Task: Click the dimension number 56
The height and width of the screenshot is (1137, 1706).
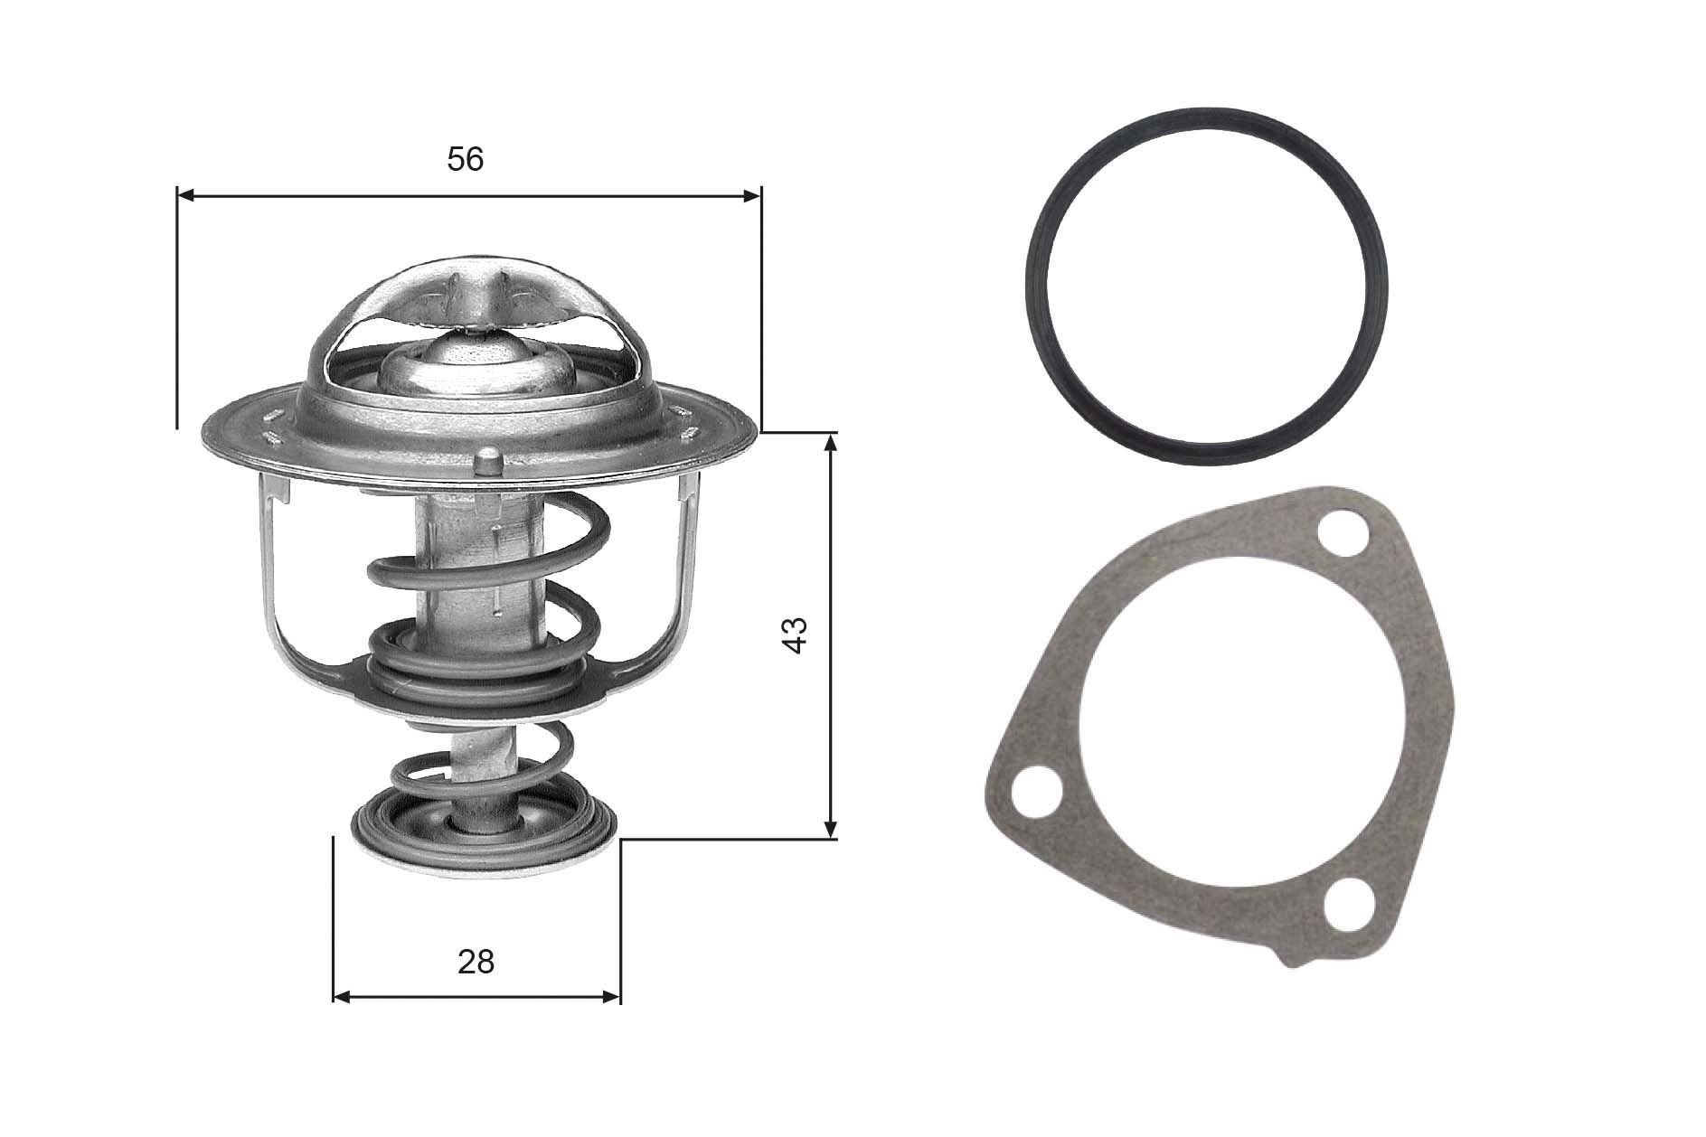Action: pos(466,159)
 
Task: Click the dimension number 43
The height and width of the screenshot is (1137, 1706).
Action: pos(795,635)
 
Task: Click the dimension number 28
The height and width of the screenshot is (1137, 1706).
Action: pos(476,962)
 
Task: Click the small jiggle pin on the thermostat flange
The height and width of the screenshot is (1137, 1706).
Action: pos(487,460)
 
